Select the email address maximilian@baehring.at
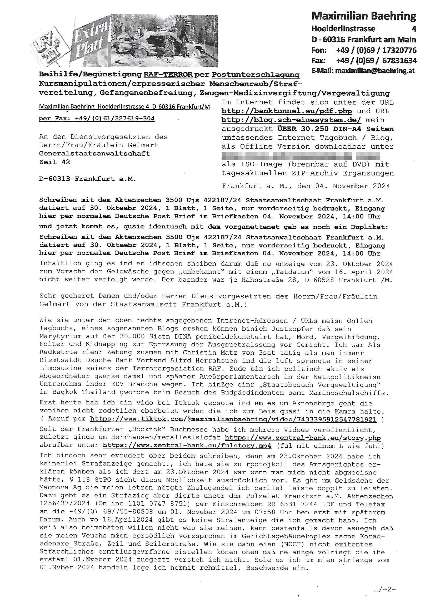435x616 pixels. [x=375, y=71]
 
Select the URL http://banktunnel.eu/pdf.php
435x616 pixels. [x=287, y=111]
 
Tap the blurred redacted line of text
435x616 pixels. [x=301, y=156]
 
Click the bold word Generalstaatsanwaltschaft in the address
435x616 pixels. [x=94, y=153]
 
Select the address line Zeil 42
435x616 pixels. [x=54, y=162]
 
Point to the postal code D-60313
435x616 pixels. [x=55, y=179]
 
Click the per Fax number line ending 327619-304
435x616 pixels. [x=97, y=118]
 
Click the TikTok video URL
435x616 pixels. [x=233, y=419]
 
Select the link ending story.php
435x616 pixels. [x=303, y=438]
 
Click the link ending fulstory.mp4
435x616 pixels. [x=187, y=446]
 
